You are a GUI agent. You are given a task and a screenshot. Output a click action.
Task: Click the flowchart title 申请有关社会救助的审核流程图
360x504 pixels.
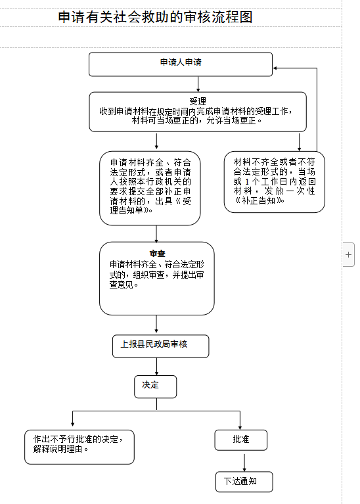point(155,17)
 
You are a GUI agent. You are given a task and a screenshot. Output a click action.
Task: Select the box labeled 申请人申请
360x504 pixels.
point(181,64)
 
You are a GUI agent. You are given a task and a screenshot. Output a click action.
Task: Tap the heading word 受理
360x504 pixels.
point(197,102)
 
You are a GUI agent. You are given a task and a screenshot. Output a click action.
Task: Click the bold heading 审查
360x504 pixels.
point(157,253)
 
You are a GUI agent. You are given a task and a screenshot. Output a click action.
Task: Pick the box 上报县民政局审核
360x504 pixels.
point(161,346)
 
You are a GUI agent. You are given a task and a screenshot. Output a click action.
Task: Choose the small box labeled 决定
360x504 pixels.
point(156,386)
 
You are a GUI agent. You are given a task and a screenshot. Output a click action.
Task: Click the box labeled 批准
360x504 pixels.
point(240,440)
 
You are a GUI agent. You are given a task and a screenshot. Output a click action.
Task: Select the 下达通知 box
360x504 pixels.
point(244,482)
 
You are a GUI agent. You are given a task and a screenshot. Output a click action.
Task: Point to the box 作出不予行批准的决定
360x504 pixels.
point(79,447)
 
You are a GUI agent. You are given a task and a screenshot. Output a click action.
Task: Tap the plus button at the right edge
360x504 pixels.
point(348,254)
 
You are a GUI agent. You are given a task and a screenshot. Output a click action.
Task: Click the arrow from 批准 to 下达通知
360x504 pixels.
point(244,463)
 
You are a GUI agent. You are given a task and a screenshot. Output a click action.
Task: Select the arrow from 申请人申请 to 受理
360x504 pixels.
point(198,84)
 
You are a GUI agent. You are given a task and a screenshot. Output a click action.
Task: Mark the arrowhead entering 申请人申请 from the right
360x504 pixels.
point(275,68)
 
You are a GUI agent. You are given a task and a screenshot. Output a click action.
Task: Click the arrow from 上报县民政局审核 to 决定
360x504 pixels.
point(156,367)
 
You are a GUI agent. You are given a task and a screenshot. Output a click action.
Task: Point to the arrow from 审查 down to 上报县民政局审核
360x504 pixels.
point(156,324)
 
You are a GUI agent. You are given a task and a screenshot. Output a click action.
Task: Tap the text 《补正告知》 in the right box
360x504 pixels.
point(259,200)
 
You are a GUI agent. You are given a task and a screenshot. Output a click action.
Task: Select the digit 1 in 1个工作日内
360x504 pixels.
point(247,181)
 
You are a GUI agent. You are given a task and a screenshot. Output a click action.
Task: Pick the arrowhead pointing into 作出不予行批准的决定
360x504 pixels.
point(73,424)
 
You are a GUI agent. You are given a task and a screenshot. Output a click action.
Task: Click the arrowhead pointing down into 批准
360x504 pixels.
point(240,427)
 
